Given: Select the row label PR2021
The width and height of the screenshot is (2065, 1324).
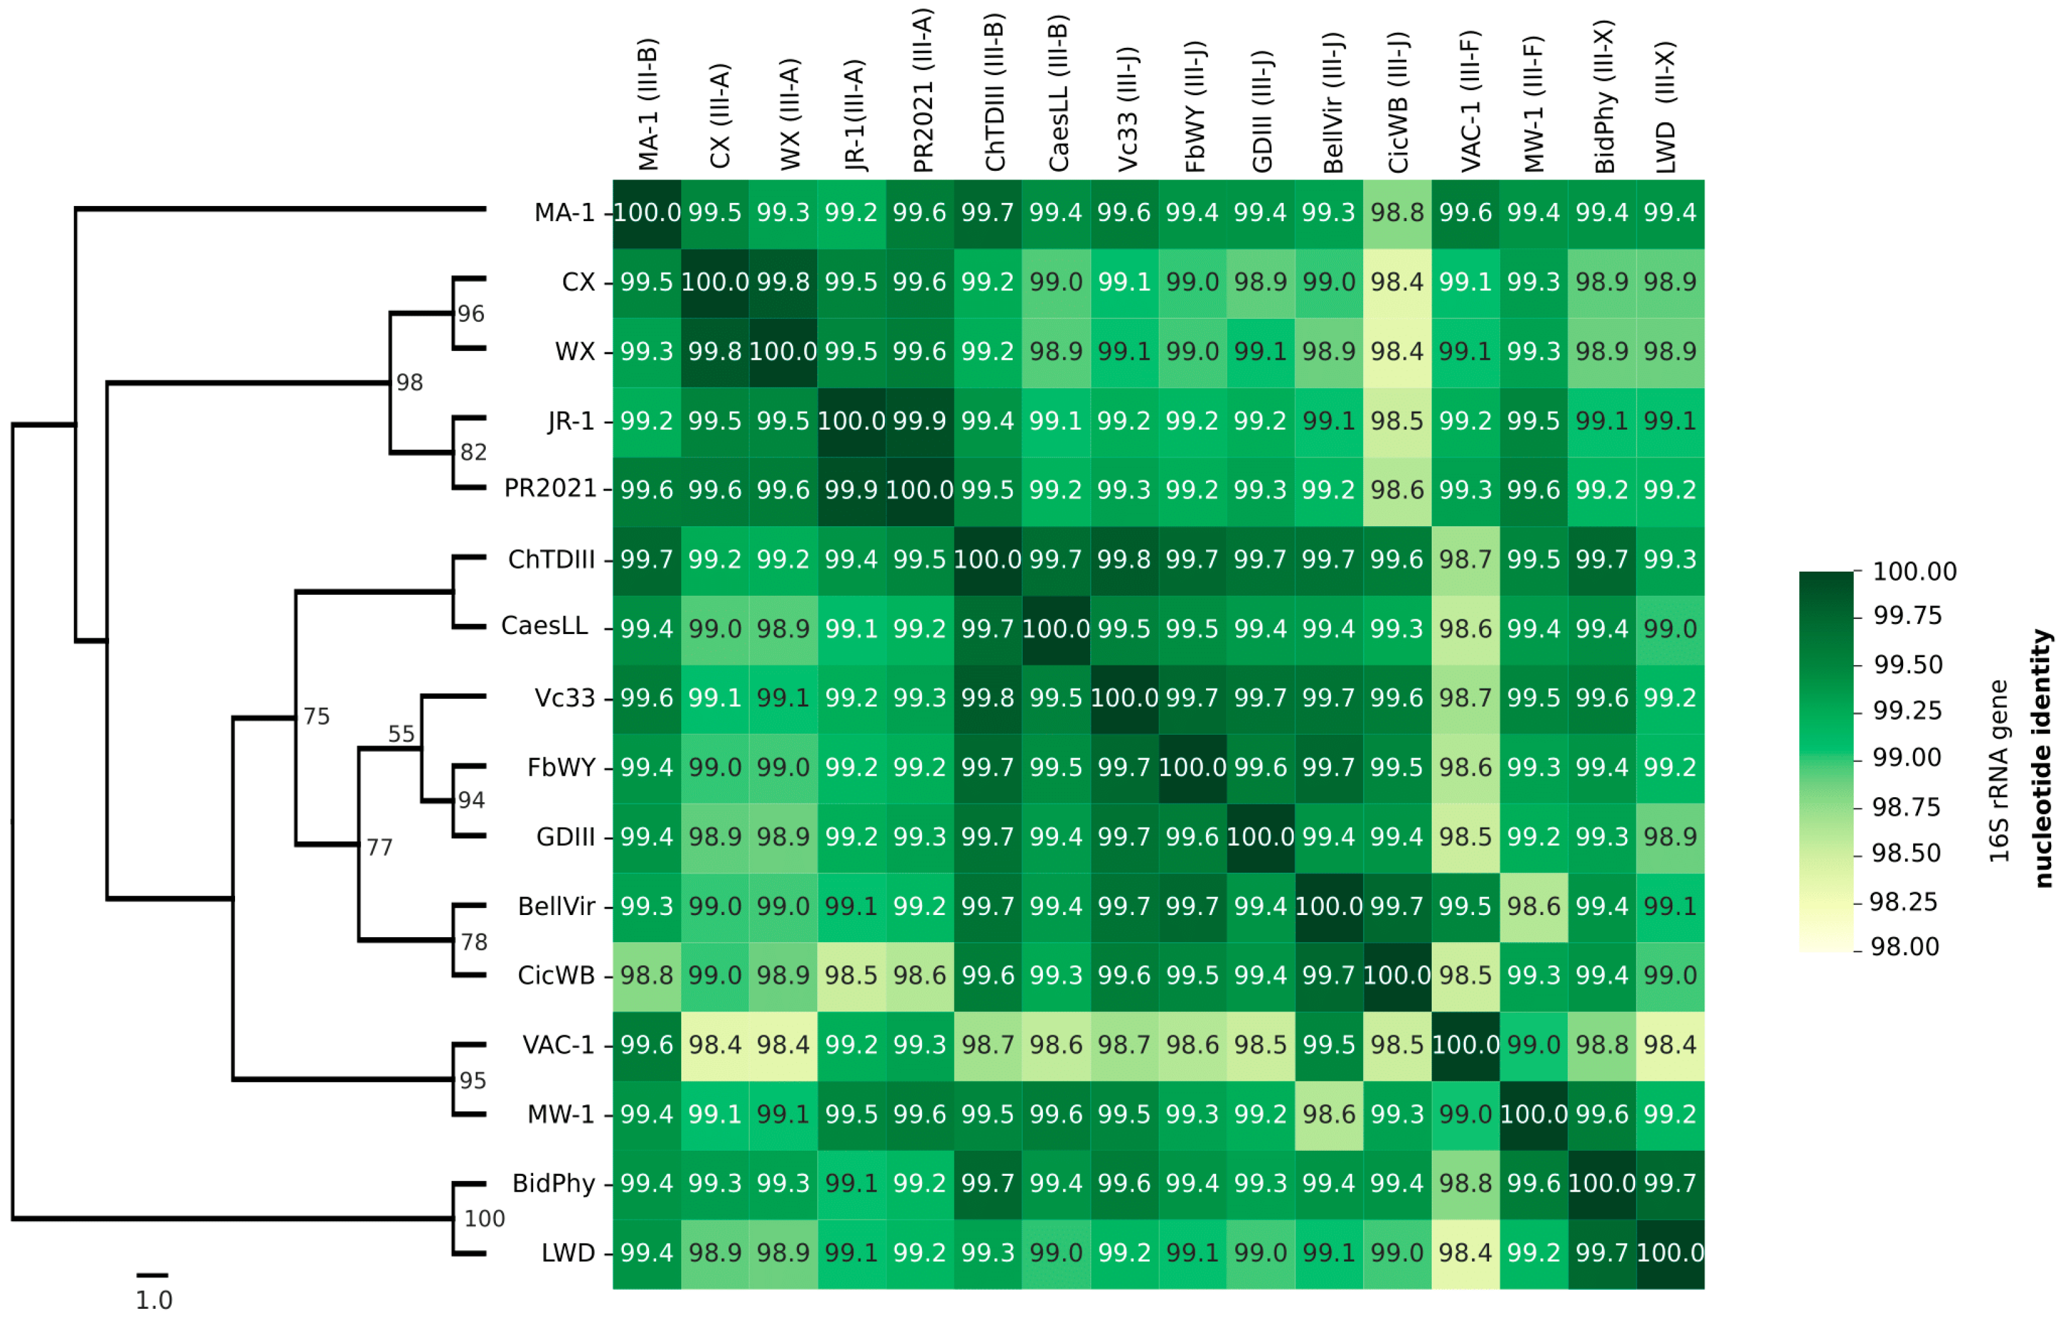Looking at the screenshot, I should tap(550, 488).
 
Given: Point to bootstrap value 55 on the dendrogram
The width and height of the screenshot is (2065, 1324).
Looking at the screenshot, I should tap(401, 734).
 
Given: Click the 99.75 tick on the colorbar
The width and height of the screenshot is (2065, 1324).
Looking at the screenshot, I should tap(1907, 616).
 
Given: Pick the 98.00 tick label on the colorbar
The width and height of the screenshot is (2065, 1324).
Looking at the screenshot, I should tap(1904, 947).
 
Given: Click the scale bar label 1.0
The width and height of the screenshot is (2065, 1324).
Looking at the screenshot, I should tap(154, 1300).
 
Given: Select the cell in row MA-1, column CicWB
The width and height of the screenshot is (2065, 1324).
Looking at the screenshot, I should tap(1397, 212).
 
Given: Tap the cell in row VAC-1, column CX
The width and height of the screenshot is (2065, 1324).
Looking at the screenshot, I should tap(715, 1045).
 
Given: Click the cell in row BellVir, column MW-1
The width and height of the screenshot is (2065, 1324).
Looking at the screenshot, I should tap(1533, 906).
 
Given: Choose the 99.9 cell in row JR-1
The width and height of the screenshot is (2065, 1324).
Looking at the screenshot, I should tap(919, 421).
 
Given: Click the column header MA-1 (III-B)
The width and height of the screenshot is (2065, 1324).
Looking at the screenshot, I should tap(648, 105).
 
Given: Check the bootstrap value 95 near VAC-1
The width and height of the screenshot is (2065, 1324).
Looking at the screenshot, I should tap(473, 1080).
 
